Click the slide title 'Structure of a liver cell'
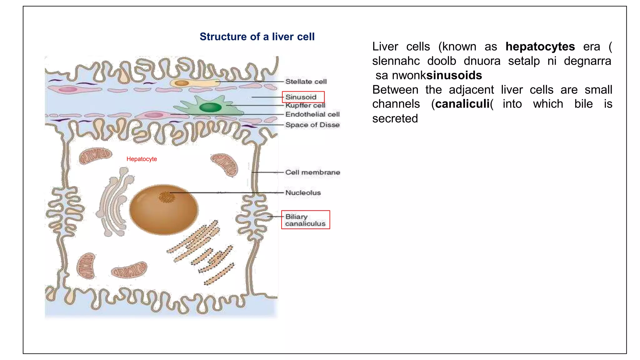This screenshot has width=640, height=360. [x=257, y=37]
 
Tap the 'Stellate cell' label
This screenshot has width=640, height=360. [x=306, y=82]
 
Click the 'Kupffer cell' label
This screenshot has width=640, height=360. [x=305, y=106]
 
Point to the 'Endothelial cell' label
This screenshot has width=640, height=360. [x=312, y=114]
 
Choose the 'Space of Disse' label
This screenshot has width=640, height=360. [x=312, y=125]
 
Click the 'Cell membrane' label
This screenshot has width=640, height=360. [x=312, y=172]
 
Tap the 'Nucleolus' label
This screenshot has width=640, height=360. [x=303, y=192]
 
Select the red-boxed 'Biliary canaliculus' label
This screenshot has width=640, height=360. [x=305, y=220]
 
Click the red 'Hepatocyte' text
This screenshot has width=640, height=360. [x=142, y=159]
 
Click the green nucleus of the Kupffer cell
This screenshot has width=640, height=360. [x=210, y=107]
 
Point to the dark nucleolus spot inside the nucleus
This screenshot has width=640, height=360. [x=166, y=197]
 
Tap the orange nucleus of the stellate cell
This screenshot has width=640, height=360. [x=182, y=83]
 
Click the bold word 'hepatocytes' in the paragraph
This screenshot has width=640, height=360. [x=540, y=47]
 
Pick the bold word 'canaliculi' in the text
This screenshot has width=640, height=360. [x=462, y=104]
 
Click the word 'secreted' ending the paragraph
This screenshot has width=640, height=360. [x=395, y=118]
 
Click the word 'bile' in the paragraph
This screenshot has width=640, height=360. [x=583, y=104]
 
